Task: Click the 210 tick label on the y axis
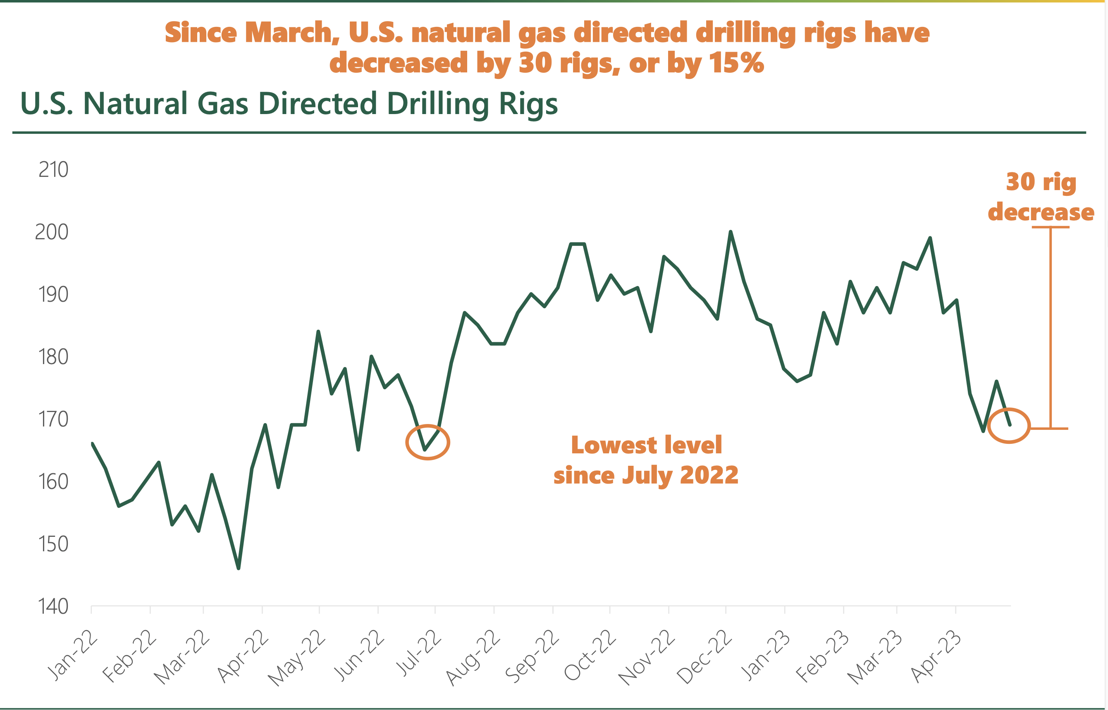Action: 53,170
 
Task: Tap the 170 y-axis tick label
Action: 53,419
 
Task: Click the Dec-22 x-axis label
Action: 704,658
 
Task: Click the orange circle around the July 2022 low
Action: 427,442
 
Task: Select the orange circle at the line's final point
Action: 1009,426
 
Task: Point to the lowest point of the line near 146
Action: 239,568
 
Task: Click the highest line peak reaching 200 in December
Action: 731,232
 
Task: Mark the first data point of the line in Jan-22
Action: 93,444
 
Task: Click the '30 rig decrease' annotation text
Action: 1041,197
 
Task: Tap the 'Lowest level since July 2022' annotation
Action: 646,460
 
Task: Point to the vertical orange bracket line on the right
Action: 1051,327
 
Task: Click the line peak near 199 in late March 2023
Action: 930,238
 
